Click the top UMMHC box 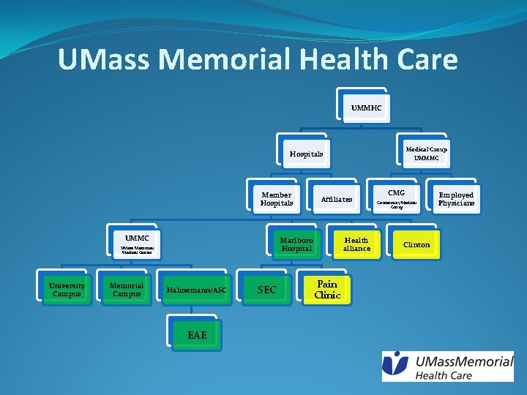[x=366, y=108]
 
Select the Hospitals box [x=306, y=154]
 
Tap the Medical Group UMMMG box [x=426, y=154]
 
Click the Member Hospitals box [x=276, y=199]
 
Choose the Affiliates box [x=337, y=199]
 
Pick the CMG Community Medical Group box [x=396, y=198]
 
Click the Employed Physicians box [x=456, y=199]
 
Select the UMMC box [x=137, y=243]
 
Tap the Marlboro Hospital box [x=296, y=244]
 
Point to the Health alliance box [x=356, y=244]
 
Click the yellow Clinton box [x=416, y=244]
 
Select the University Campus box [x=67, y=290]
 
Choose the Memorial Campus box [x=127, y=290]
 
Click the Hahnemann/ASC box [x=197, y=290]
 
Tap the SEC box [x=267, y=290]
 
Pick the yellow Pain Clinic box [x=327, y=289]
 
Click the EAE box [x=197, y=335]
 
